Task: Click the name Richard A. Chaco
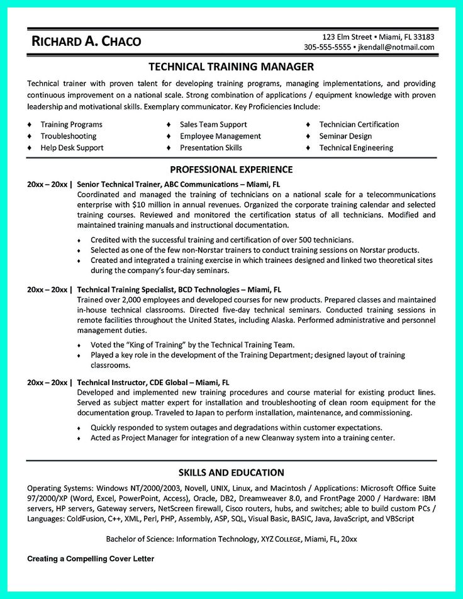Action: click(87, 42)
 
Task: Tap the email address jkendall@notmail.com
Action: click(396, 47)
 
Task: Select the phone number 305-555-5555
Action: click(327, 47)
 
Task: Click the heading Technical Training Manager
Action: click(231, 67)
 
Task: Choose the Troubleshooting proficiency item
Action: click(69, 136)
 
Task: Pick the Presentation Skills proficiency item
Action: click(211, 148)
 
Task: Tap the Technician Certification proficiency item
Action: click(359, 125)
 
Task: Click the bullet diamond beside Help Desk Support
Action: click(29, 148)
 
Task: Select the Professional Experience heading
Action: click(231, 169)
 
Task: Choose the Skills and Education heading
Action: click(231, 473)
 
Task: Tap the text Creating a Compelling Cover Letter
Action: click(91, 559)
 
